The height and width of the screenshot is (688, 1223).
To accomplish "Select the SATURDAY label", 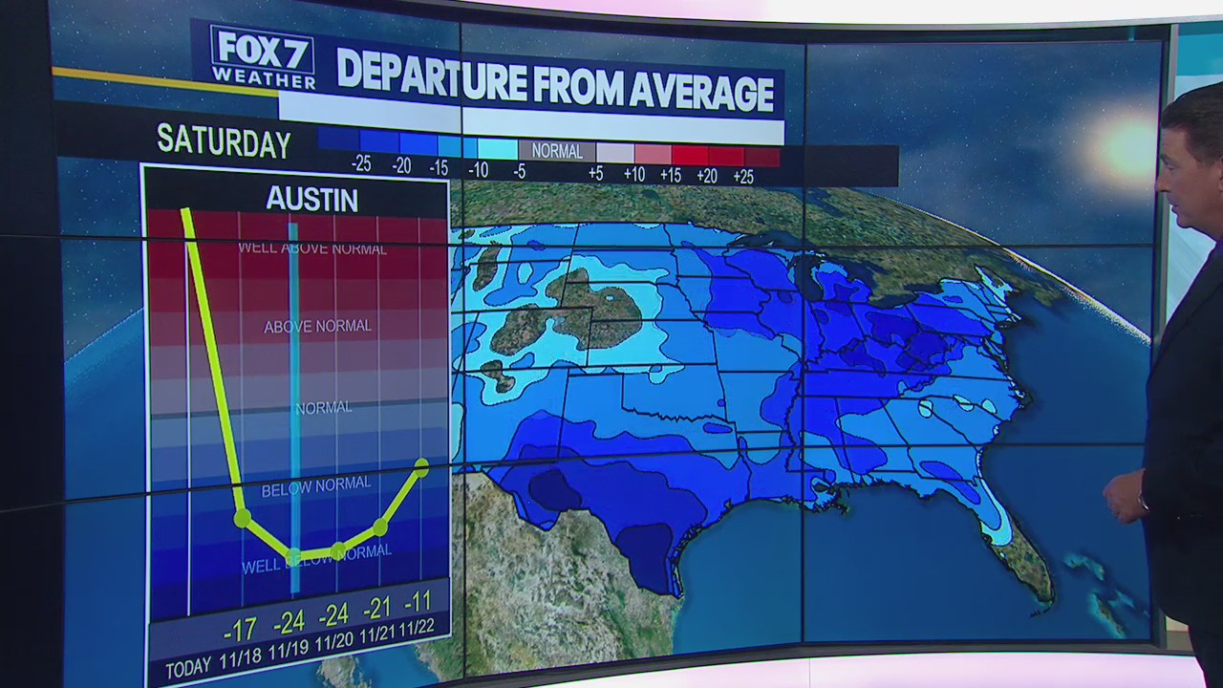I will coord(224,142).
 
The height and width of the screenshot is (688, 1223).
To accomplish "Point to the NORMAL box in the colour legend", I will coord(557,151).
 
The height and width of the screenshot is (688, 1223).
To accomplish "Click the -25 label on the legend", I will coord(361,164).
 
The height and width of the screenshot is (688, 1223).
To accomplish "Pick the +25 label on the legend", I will coord(742,176).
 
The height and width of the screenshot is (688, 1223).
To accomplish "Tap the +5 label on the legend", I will coord(595,173).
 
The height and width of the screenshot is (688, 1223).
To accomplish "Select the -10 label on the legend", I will coord(479,170).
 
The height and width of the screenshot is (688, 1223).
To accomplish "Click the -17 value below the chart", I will coord(239,629).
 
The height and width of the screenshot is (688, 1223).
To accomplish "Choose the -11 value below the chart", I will coord(418,602).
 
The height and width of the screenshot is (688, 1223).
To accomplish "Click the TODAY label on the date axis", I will coord(187,668).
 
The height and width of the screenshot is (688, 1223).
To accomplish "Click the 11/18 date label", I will coord(240,658).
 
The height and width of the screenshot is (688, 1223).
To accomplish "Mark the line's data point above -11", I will coord(421,467).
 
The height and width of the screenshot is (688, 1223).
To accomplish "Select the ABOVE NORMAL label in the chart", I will coord(317,326).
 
